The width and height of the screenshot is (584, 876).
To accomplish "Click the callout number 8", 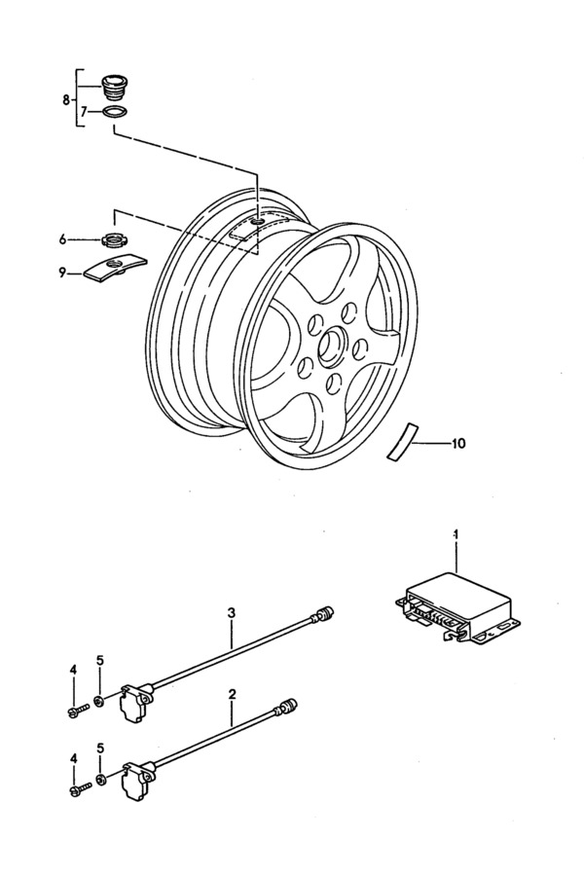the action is [65, 100].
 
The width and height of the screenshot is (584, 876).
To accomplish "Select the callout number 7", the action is [84, 112].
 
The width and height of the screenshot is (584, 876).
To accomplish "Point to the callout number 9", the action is [62, 274].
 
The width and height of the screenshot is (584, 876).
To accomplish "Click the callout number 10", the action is [457, 444].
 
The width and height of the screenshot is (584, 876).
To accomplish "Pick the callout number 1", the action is [456, 534].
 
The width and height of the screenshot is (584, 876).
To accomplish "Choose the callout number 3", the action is [232, 613].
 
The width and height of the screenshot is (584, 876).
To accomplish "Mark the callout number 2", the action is [232, 694].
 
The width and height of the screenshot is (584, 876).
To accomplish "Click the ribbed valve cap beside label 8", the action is [114, 87].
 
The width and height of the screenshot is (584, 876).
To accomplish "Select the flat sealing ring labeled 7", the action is [114, 112].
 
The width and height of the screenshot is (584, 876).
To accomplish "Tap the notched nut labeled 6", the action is [115, 240].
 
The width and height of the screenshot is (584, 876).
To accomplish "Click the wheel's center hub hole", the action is [334, 346].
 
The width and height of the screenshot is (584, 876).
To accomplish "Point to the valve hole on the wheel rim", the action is [258, 223].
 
